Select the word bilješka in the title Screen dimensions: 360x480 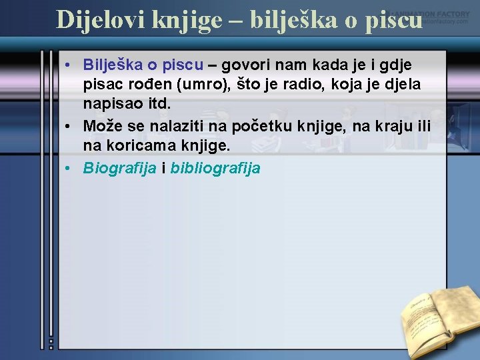[298, 19]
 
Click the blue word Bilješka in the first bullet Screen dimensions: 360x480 [113, 65]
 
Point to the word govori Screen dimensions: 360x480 [245, 65]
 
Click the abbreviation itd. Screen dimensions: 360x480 [157, 105]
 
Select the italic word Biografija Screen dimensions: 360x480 [119, 168]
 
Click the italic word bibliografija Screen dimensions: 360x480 [215, 168]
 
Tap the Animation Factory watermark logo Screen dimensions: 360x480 [430, 17]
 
